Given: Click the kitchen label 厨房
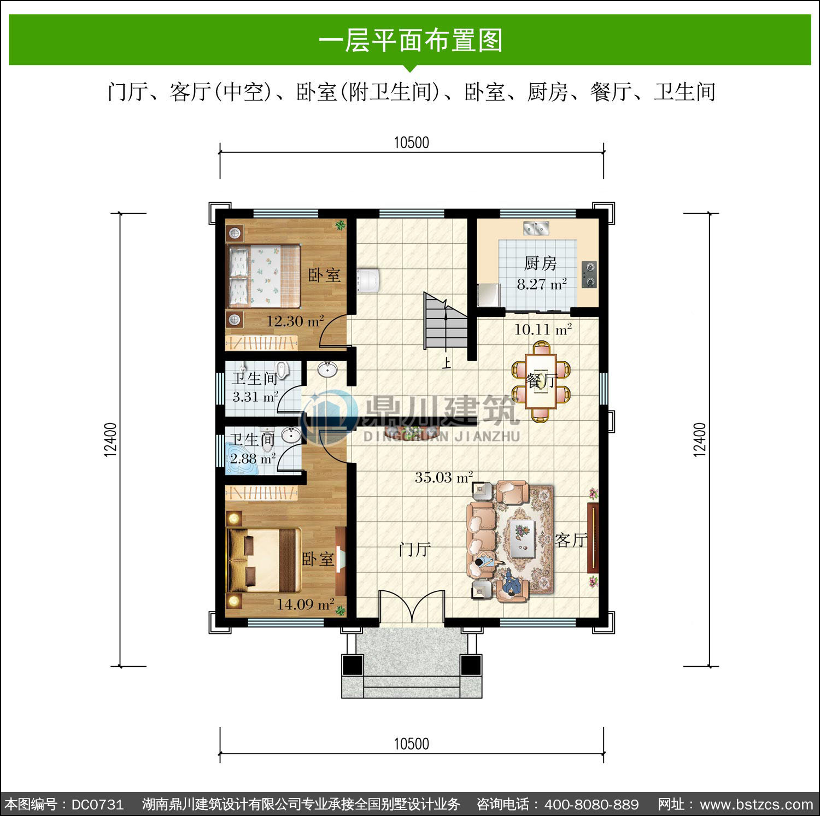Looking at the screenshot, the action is point(540,263).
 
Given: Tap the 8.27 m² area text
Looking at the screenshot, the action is point(541,284).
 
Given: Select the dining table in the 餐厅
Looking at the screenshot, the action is point(541,381).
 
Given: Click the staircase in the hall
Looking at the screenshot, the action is point(446,321).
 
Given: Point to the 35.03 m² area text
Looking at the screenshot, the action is point(443,477).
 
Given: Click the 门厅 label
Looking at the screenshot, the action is point(415,549).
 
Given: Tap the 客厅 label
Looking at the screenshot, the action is point(571,540).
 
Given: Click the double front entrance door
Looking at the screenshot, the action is point(412,607).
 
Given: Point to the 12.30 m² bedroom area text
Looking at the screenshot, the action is point(295,321).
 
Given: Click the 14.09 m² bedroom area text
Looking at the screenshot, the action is point(305,604).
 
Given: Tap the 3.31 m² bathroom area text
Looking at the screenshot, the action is point(255,397).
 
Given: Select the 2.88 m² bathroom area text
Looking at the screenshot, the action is point(253,459).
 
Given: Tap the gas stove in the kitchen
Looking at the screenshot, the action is point(589,275).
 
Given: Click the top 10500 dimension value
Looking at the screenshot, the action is point(412,143).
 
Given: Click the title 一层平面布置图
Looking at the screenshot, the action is point(411,40).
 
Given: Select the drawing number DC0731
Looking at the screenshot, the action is point(97,805).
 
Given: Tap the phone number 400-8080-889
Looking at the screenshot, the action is point(591,805).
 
